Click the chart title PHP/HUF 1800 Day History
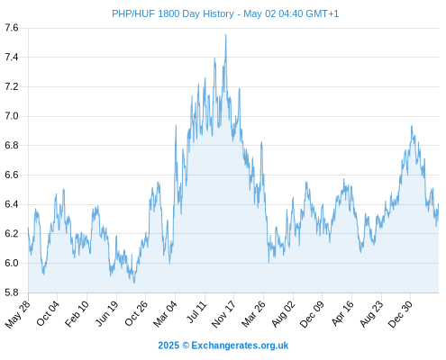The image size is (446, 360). pos(173,13)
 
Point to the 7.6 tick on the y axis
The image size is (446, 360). pos(12,28)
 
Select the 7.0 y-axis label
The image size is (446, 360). pos(12,116)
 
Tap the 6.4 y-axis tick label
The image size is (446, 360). pos(12,204)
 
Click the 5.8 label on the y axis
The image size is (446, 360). pos(12,292)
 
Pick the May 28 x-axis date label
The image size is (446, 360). pos(18,314)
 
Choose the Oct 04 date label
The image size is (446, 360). pos(48,313)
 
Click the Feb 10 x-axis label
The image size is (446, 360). pos(77,313)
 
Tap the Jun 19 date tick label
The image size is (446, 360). pos(107,313)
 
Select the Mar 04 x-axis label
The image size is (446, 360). pos(166,314)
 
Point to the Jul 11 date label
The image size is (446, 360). pos(197,312)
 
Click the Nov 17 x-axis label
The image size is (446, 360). pos(223,314)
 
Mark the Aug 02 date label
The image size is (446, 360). pos(284,314)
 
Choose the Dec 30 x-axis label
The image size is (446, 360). pos(400,314)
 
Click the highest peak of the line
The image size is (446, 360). pos(226,34)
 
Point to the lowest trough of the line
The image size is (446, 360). pos(134,283)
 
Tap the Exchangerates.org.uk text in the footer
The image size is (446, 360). pos(240,346)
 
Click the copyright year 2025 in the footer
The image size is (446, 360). pos(168,346)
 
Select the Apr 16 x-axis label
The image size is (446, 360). pos(342,313)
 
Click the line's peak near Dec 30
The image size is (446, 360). pos(412,126)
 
